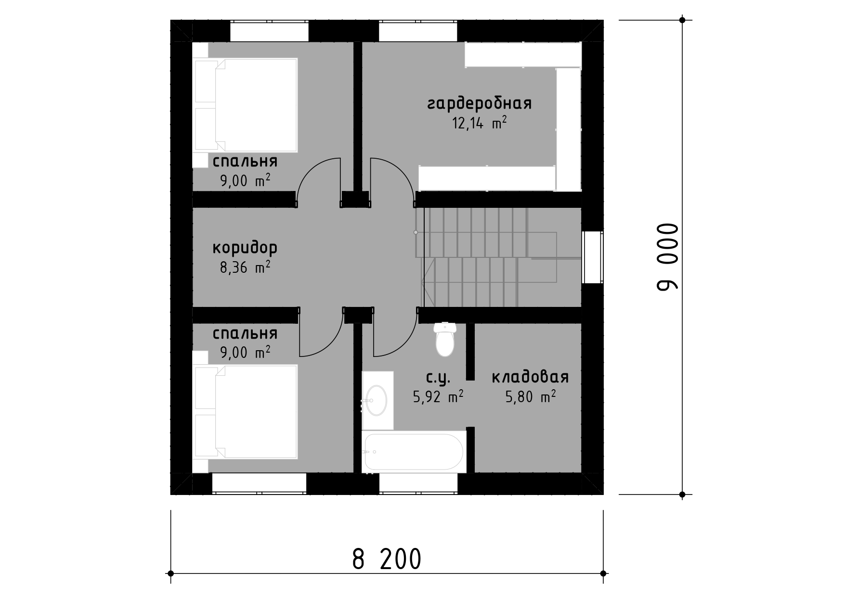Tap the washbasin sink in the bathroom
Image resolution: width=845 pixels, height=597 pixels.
(377, 400)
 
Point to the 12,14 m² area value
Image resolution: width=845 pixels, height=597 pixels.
(480, 124)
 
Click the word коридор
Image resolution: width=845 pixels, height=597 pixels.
(245, 249)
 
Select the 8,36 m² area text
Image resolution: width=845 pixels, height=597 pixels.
(245, 267)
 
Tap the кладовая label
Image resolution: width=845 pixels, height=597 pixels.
(530, 378)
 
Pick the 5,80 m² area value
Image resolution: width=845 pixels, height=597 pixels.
(531, 397)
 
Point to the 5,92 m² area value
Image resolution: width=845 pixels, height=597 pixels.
(438, 397)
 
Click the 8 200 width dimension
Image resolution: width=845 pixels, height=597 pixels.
(387, 559)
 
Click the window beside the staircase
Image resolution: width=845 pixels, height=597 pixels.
(592, 257)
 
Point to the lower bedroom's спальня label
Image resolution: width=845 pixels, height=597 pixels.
(245, 333)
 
